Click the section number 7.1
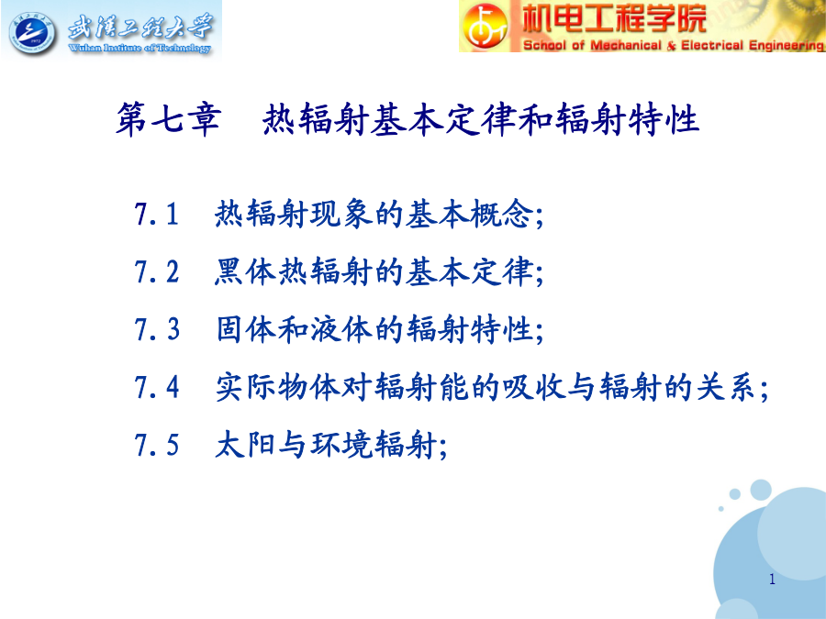click(156, 215)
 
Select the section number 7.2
click(156, 272)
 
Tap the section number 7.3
click(156, 329)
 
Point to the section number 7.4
click(156, 387)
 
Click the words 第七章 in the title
click(168, 119)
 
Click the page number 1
click(772, 579)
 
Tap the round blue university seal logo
click(33, 34)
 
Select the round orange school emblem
click(486, 27)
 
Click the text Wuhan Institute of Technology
click(140, 48)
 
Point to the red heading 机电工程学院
click(614, 18)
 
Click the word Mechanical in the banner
click(626, 45)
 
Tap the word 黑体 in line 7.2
click(245, 272)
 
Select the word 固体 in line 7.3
click(245, 329)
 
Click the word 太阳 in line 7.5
click(245, 444)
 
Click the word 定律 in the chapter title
click(480, 119)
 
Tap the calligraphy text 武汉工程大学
click(140, 27)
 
